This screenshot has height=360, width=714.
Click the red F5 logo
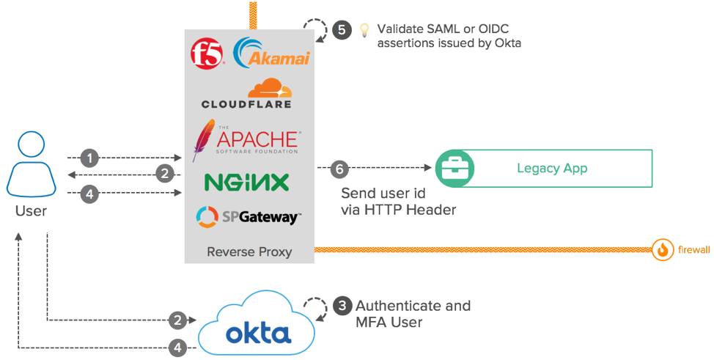click(x=206, y=55)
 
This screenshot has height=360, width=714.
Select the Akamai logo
click(x=271, y=53)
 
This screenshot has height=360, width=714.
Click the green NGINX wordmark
click(x=246, y=182)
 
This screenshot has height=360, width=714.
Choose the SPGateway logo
click(x=249, y=217)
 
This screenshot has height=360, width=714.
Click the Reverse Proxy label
click(x=249, y=251)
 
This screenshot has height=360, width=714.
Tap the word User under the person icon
click(x=31, y=211)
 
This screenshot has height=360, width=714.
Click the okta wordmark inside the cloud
click(x=258, y=334)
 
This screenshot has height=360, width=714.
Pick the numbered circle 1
click(x=89, y=158)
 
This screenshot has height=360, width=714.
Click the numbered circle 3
click(x=342, y=305)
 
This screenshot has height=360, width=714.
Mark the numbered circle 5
click(x=341, y=30)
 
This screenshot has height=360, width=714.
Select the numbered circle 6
click(x=338, y=168)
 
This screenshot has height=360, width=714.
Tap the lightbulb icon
click(x=364, y=30)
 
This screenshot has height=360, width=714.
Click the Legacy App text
click(x=552, y=169)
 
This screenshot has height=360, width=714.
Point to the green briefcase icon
click(x=454, y=169)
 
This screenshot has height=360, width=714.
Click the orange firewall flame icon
click(x=663, y=250)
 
